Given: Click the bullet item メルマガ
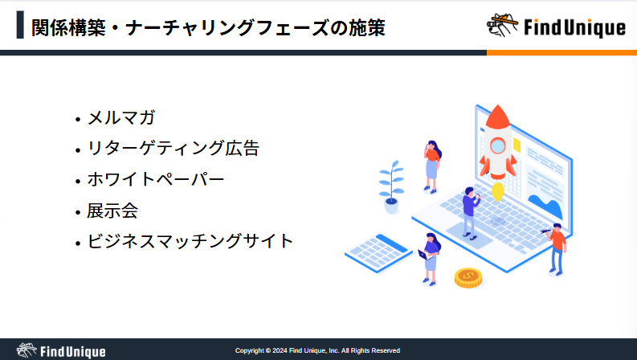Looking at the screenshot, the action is [121, 118].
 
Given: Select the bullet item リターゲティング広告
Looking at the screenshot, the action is [173, 149].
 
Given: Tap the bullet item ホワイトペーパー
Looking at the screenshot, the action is [156, 179].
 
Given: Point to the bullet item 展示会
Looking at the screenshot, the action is [112, 211].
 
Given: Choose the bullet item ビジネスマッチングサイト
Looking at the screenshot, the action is [190, 241].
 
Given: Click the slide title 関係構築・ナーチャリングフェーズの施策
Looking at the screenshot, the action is [208, 28].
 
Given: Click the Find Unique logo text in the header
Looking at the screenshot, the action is [574, 27].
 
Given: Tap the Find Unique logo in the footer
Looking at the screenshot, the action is [61, 350].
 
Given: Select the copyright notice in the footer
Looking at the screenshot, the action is [317, 350].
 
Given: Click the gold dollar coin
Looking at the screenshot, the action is [468, 278].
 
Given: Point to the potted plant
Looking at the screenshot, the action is [391, 187].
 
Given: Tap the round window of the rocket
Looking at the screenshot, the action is [497, 145].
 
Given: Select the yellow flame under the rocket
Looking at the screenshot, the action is [498, 191].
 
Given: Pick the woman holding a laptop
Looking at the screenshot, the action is [430, 260].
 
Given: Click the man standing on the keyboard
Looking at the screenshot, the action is [471, 212].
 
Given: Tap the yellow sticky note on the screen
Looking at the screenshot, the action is [517, 145].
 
